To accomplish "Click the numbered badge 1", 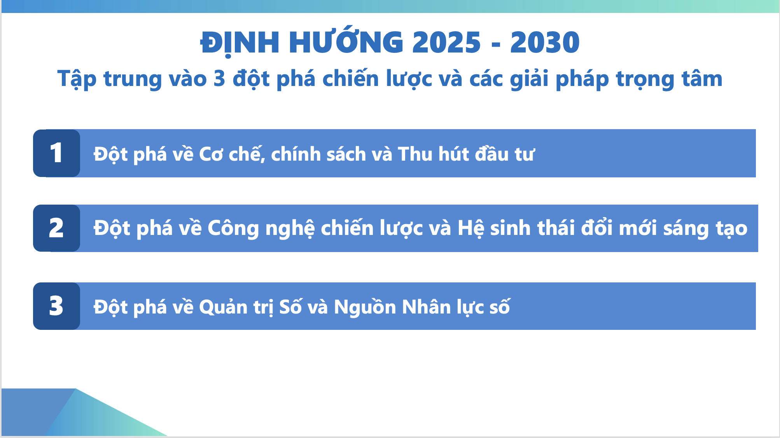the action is click(x=56, y=153).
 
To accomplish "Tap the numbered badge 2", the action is click(x=56, y=228).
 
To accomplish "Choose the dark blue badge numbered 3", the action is click(x=56, y=306).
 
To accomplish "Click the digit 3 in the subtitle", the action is click(x=219, y=79).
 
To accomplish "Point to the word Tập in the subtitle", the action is click(x=77, y=79).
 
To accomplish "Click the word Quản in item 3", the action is click(x=223, y=307).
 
